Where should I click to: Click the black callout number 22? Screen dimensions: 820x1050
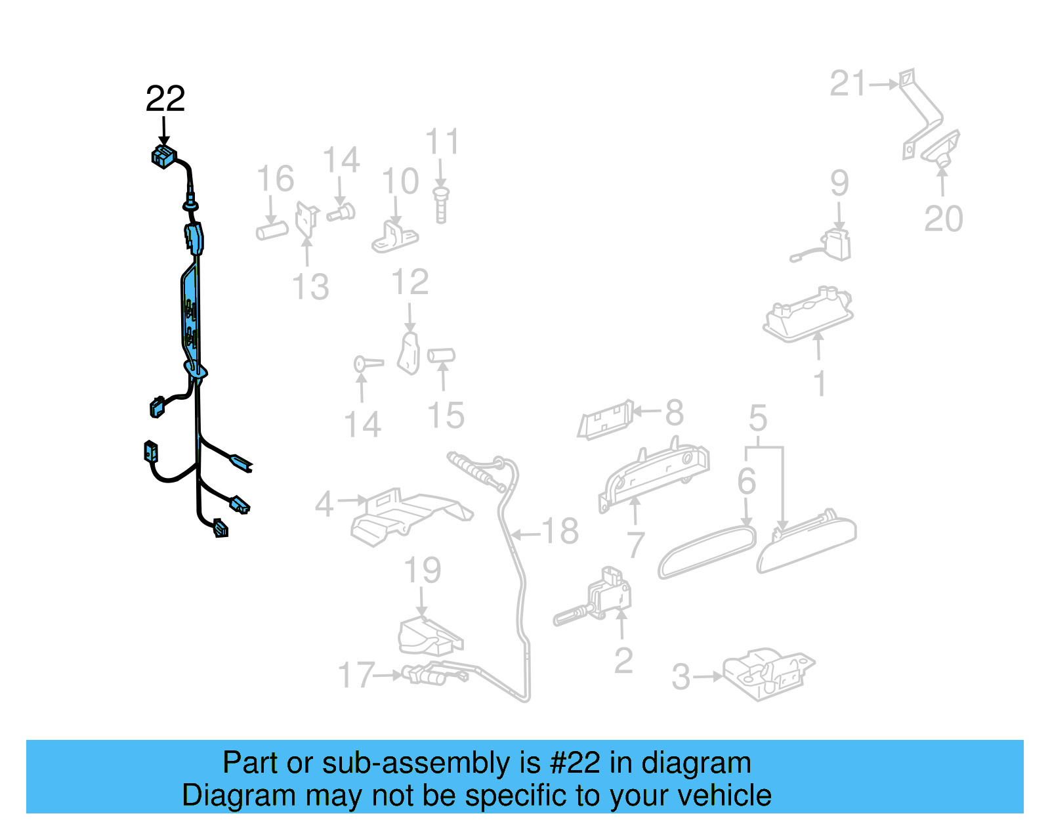[x=165, y=99]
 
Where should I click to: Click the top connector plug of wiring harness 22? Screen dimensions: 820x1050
[x=163, y=157]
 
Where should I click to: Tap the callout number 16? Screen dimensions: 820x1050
[x=275, y=179]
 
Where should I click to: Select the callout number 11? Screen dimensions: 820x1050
[x=442, y=142]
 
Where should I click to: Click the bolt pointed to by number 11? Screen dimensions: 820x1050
[x=441, y=205]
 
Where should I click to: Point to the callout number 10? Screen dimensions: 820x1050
[x=400, y=182]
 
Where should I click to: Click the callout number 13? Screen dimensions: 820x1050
[x=310, y=288]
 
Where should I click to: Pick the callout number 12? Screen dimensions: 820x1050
[x=409, y=283]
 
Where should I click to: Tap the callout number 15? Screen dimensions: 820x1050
[x=446, y=416]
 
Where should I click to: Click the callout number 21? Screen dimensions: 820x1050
[x=849, y=84]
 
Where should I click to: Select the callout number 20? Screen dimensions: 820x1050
[x=943, y=219]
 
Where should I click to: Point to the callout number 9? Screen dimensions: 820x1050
[x=839, y=183]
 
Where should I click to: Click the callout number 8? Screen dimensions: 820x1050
[x=674, y=413]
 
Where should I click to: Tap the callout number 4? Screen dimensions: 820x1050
[x=324, y=504]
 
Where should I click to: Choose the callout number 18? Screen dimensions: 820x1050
[x=560, y=531]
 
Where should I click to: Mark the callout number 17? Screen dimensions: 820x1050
[x=356, y=675]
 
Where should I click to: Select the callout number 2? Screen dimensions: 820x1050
[x=623, y=660]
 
